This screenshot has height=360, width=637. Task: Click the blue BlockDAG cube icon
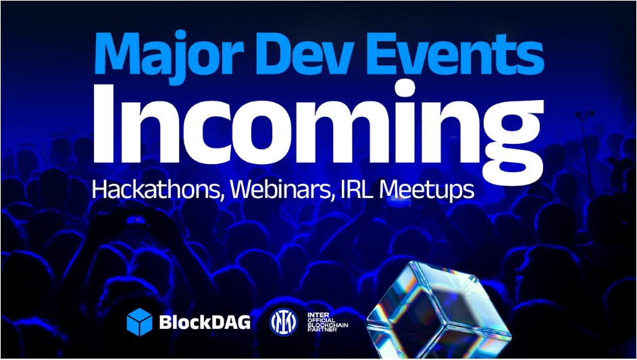click(x=139, y=322)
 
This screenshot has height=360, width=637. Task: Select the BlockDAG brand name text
click(x=205, y=322)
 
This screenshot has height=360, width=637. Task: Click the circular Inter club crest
click(x=284, y=322)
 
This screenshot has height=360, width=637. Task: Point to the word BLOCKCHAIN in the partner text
click(x=328, y=326)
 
